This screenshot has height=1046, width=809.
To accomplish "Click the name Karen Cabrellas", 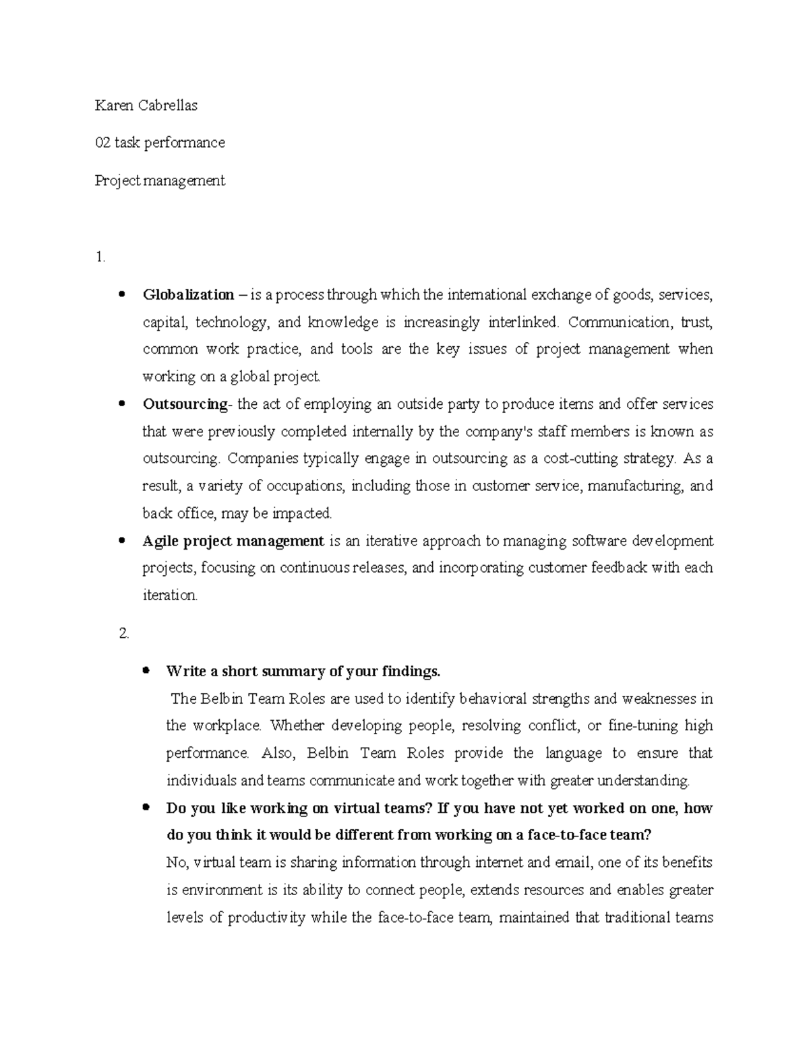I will tap(146, 105).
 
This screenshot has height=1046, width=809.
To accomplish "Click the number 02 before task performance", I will tap(102, 143).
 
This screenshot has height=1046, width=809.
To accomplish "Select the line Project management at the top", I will tap(160, 181).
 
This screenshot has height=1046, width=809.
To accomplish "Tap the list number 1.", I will tap(100, 257).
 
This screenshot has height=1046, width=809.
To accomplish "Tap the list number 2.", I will tap(123, 633).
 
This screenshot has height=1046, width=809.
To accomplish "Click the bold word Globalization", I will tap(188, 294).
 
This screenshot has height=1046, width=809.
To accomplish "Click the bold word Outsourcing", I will tap(185, 404).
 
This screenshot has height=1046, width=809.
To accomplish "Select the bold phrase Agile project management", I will tap(233, 541).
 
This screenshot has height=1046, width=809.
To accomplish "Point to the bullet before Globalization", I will tap(122, 294).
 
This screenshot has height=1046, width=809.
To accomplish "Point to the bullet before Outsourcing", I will tap(122, 404).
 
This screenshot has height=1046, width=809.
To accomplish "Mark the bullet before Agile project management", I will tap(122, 541).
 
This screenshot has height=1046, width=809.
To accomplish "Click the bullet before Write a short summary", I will tap(146, 671).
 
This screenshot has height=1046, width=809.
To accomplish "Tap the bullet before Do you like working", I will tap(146, 808).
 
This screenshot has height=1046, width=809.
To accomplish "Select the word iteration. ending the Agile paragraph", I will tap(170, 595).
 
